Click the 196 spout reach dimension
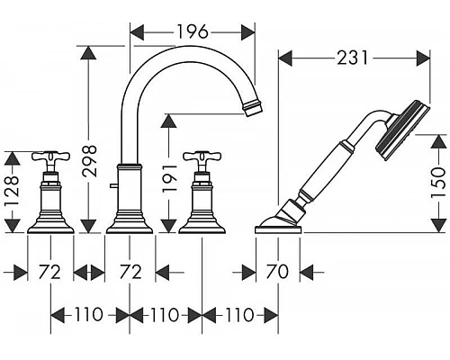[193, 31]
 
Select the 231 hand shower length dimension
[353, 58]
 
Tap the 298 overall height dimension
[89, 160]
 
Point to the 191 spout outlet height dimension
[169, 177]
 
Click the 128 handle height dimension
[12, 191]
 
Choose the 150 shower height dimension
[437, 182]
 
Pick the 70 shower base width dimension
[277, 272]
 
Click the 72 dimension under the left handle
[49, 272]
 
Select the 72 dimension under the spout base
[130, 272]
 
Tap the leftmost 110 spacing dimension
[89, 315]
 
